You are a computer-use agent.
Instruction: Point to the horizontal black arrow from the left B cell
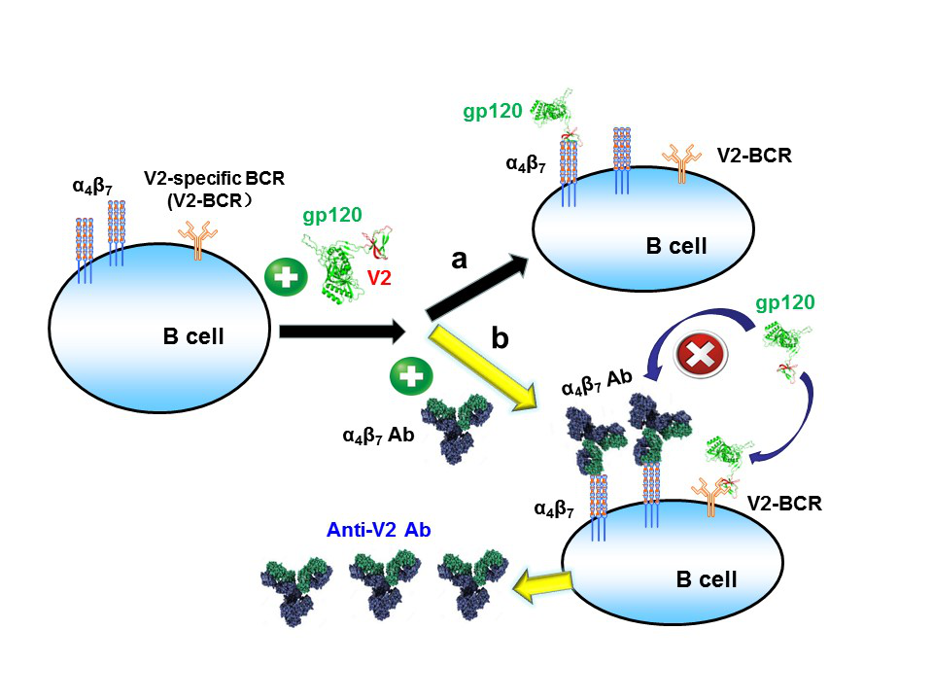click(340, 332)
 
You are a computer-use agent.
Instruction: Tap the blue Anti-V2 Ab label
click(377, 531)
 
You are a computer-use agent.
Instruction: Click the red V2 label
click(380, 278)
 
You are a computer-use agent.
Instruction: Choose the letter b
click(500, 339)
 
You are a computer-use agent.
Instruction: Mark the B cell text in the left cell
click(193, 337)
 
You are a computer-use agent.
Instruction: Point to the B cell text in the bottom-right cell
click(706, 579)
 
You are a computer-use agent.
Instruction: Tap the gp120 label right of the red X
click(783, 301)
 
